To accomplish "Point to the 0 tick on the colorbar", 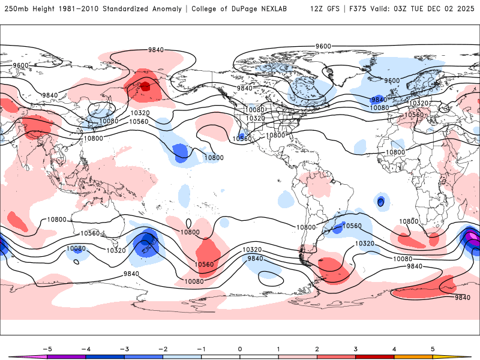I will coord(239,349).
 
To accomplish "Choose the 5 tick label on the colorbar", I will coord(433,349).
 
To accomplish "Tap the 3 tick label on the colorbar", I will coord(356,349).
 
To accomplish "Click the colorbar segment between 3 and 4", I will coord(375,356).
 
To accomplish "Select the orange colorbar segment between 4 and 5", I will coord(414,356).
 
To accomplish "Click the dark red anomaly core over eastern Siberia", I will coord(144,87).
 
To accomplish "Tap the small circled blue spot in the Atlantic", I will coord(380,202).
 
